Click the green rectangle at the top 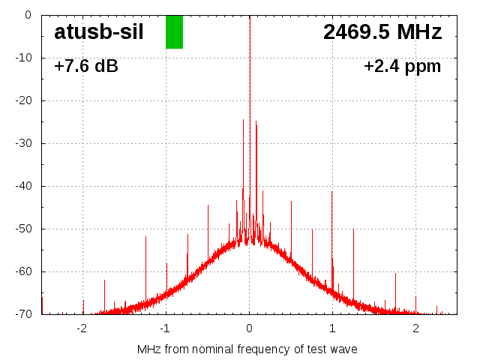(174, 31)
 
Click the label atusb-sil (99, 32)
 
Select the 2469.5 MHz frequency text (382, 32)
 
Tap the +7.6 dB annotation (86, 67)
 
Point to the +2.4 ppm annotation (402, 67)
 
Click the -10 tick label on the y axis (23, 58)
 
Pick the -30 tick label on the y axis (23, 143)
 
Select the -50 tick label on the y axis (23, 229)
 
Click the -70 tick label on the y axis (23, 314)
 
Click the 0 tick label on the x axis (249, 328)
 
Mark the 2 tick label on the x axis (415, 328)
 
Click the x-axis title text (247, 349)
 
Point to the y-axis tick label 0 (28, 15)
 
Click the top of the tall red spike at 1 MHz (332, 192)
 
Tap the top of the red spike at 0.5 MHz (291, 202)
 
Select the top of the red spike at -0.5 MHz (208, 205)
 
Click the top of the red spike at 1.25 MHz (353, 229)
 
